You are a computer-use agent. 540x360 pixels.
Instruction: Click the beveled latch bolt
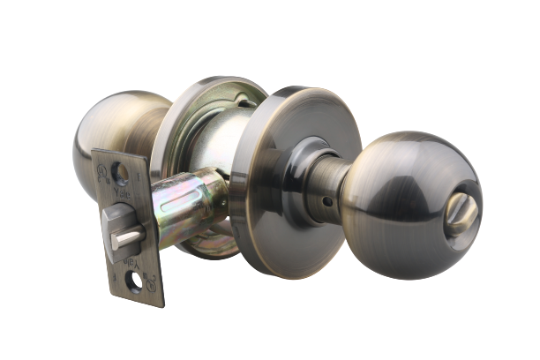[116, 229]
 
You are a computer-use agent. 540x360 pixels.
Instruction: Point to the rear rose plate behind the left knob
[190, 115]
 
